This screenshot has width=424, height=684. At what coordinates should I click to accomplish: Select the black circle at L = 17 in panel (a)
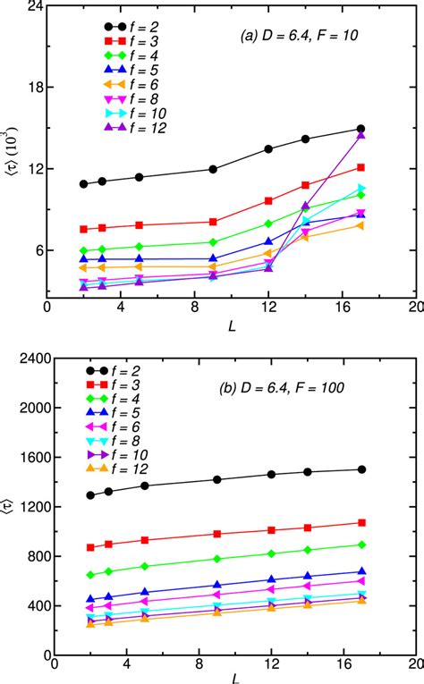click(x=360, y=129)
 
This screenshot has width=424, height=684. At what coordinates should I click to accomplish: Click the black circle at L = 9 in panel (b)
click(x=217, y=479)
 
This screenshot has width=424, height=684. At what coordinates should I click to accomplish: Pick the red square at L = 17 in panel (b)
click(x=361, y=522)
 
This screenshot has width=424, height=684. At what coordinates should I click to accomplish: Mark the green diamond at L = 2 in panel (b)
click(x=90, y=575)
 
